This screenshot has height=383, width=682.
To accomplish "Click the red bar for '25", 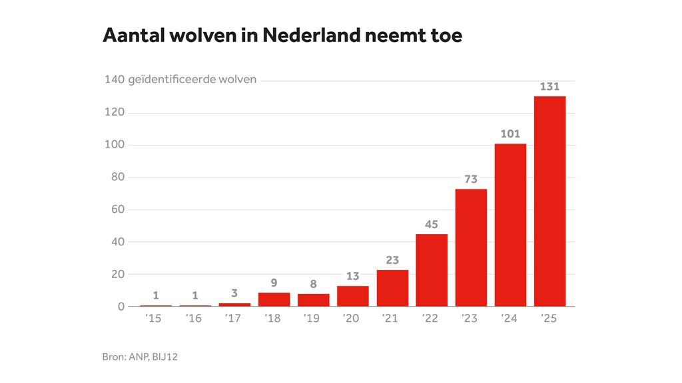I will click(549, 201).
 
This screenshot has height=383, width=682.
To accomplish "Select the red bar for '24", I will click(510, 225).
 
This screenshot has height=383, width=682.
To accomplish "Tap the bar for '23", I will click(471, 247).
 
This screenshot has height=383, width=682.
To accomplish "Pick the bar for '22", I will click(432, 270).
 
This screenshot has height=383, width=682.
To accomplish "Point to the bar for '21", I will click(392, 288).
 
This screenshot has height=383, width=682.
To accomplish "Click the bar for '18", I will click(274, 299).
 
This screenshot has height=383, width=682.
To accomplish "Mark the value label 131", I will click(550, 86).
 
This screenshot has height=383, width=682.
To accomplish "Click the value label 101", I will click(510, 134).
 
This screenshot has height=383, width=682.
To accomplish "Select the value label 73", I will click(471, 179).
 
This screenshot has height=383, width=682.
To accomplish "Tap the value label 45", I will click(432, 224).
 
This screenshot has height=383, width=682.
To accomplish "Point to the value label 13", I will click(353, 276).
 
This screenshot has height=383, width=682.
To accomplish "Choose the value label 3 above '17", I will click(234, 293).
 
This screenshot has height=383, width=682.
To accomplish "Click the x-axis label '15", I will click(153, 319).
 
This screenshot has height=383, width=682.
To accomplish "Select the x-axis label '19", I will click(311, 319).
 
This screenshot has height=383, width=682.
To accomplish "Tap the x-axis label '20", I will click(350, 319).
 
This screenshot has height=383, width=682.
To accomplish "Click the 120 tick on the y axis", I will click(115, 113).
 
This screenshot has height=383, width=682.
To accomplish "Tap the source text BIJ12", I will click(165, 357).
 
